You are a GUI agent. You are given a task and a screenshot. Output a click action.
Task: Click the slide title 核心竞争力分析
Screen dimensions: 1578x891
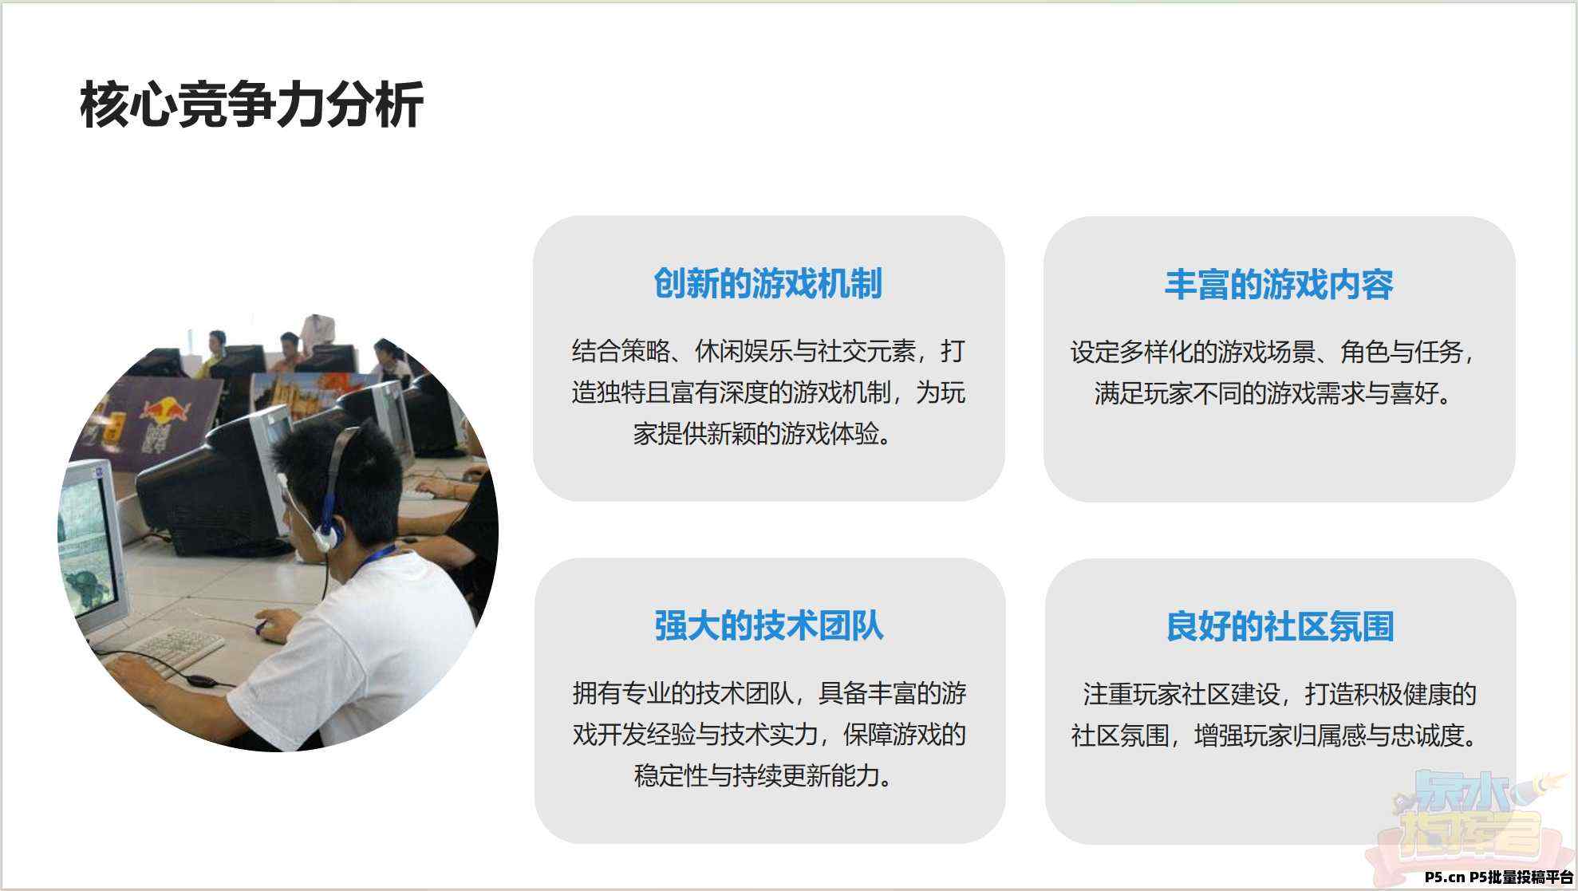click(251, 104)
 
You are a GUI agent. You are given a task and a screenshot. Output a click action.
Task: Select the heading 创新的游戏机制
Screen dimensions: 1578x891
click(768, 283)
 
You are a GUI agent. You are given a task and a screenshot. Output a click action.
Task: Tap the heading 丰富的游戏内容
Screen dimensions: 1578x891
click(1279, 284)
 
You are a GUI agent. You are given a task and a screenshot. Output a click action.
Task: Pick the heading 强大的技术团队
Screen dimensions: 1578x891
click(769, 625)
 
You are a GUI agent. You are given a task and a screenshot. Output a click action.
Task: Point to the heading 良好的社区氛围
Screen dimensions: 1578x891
click(1280, 626)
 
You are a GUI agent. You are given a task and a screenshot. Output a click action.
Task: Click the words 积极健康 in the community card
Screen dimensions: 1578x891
click(1403, 694)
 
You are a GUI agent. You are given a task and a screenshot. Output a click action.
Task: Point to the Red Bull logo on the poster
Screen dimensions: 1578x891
click(165, 410)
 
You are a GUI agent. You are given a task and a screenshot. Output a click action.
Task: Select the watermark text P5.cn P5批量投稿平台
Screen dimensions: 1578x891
click(1499, 877)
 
